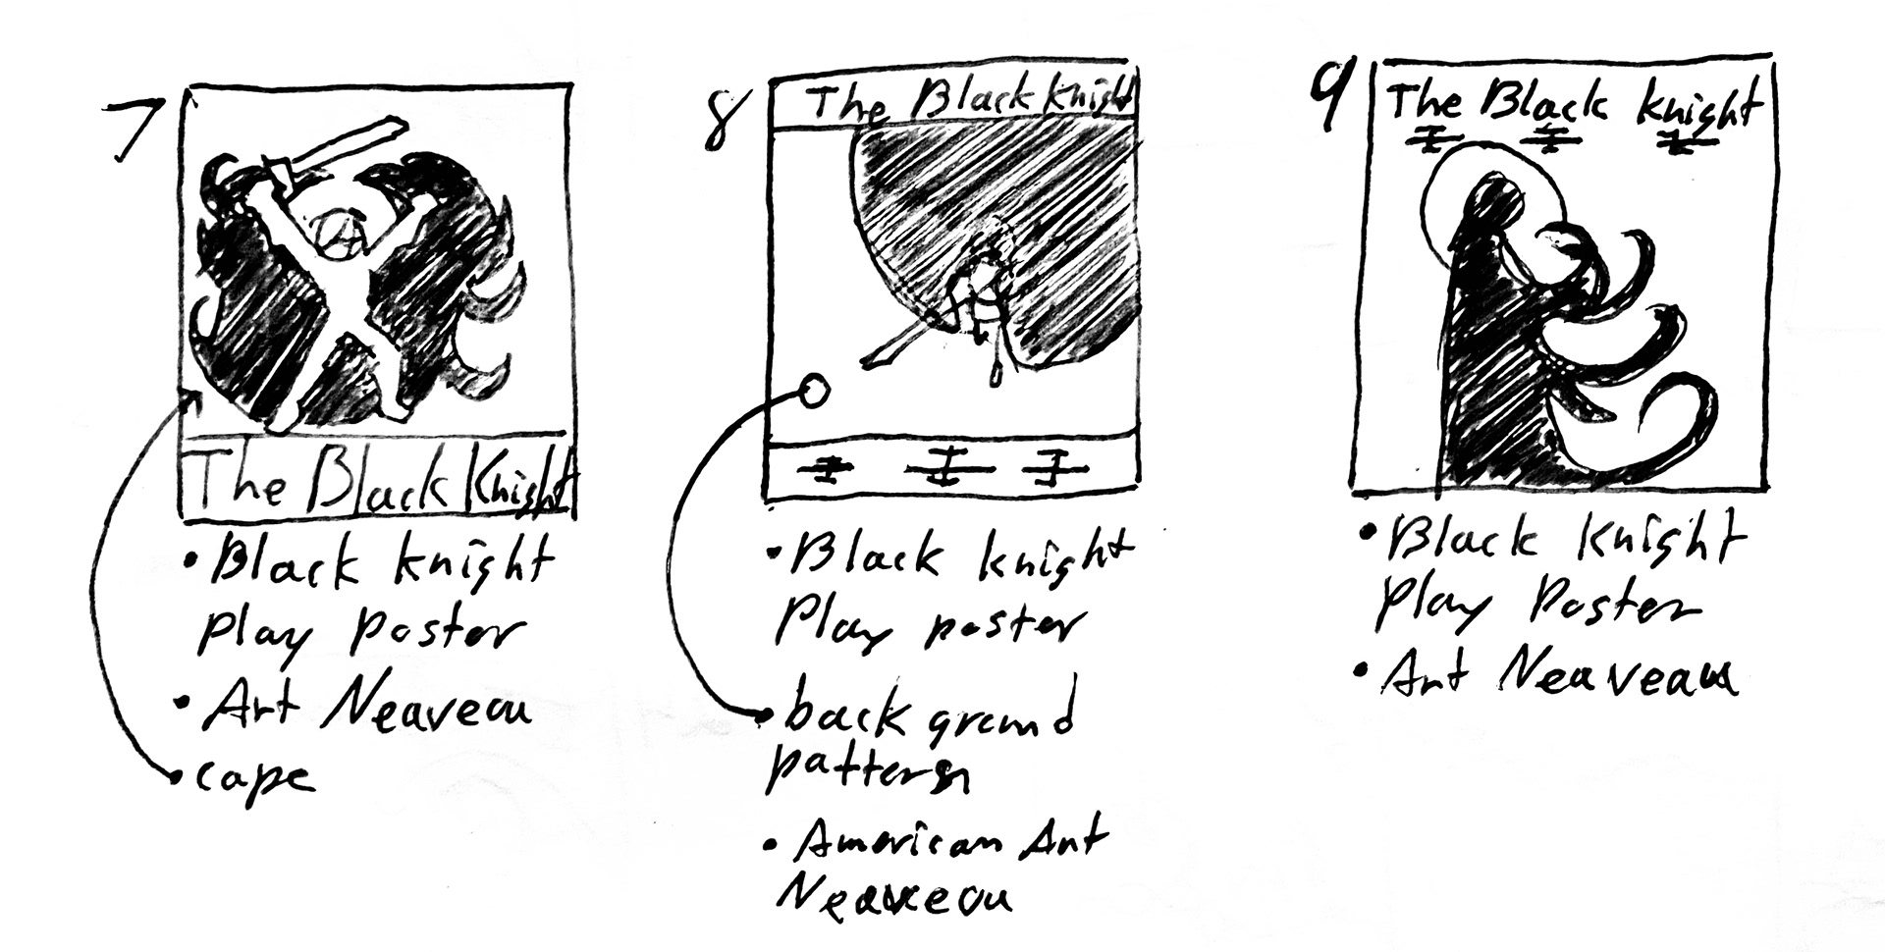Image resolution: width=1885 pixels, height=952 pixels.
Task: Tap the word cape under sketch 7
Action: point(254,778)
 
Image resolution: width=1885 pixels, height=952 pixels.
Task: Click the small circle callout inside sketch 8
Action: point(813,393)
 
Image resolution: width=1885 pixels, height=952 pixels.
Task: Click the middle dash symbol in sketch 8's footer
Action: point(946,470)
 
